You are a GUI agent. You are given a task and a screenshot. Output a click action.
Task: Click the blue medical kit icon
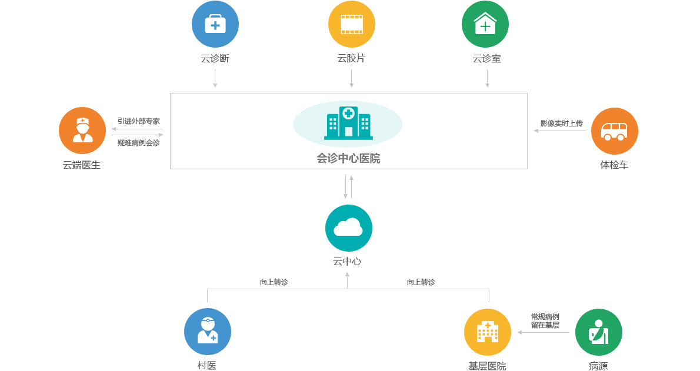(x=215, y=25)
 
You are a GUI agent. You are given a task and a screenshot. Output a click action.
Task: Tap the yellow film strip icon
(x=351, y=25)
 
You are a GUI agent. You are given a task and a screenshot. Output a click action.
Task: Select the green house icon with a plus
(x=485, y=25)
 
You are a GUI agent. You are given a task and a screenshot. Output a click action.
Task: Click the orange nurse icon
(x=82, y=130)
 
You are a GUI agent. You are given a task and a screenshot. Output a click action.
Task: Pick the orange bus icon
(x=614, y=131)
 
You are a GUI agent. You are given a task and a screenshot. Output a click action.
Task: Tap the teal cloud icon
(x=348, y=228)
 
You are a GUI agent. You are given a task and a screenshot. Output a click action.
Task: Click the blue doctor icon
(x=207, y=331)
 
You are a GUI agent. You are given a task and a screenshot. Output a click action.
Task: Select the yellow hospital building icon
(x=487, y=332)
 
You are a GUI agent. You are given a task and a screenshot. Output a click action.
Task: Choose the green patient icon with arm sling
(x=598, y=332)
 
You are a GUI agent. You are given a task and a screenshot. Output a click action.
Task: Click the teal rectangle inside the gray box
(x=347, y=123)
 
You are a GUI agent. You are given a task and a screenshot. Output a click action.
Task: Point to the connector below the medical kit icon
(x=215, y=78)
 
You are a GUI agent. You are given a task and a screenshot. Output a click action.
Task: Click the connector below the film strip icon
(x=351, y=78)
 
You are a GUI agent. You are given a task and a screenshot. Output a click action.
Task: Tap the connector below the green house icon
(x=487, y=78)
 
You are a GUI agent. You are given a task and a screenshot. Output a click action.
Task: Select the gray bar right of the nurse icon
(x=137, y=132)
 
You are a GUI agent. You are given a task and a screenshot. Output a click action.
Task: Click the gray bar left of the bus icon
(x=559, y=131)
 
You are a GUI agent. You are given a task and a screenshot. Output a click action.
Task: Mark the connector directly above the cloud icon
(x=348, y=186)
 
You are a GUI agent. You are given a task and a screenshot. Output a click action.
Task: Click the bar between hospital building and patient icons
(x=542, y=332)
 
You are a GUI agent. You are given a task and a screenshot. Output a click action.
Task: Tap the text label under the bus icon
(x=614, y=165)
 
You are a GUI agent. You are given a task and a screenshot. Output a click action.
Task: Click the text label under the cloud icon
(x=347, y=262)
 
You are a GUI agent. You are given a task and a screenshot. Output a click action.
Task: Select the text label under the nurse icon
(x=82, y=165)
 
